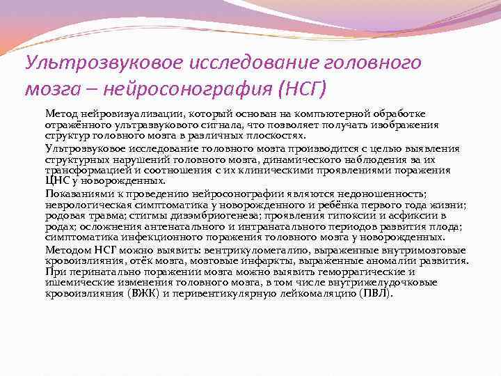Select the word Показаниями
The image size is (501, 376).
[75, 194]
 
